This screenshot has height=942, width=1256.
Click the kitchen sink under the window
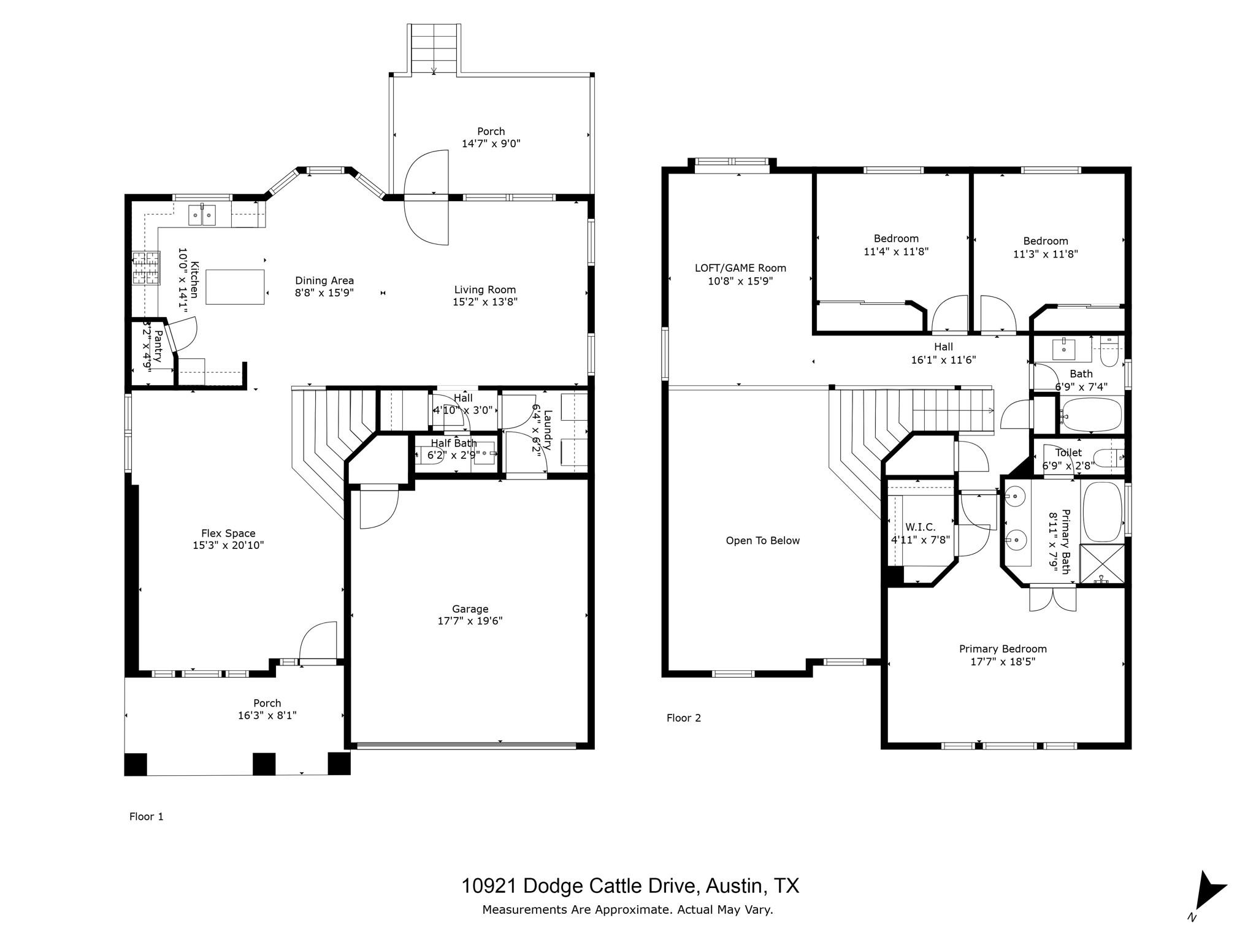(x=202, y=215)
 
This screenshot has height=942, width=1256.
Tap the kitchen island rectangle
(x=235, y=286)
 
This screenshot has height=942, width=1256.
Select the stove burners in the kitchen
(x=146, y=268)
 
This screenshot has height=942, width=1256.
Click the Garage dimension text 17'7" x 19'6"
(x=470, y=621)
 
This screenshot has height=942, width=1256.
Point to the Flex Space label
(x=228, y=533)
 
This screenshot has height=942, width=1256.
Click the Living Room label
(x=484, y=289)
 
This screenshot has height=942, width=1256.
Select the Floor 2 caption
(x=683, y=718)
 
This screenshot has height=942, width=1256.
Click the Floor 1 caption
(x=146, y=816)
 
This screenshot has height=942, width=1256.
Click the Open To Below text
(x=762, y=540)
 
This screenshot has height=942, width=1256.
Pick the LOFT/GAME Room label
(x=740, y=268)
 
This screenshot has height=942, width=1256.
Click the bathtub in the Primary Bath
(x=1102, y=511)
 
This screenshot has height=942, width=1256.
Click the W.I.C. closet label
(x=920, y=527)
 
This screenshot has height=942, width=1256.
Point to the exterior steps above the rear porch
(x=434, y=48)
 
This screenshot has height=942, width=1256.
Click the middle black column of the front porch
(x=264, y=764)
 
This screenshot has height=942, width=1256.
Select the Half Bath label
(x=453, y=443)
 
